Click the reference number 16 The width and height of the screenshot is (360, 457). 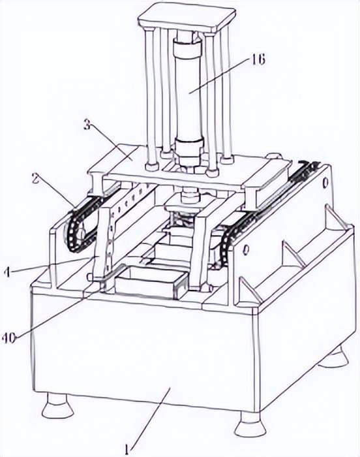tap(257, 60)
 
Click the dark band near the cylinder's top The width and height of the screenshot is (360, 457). tap(188, 48)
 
